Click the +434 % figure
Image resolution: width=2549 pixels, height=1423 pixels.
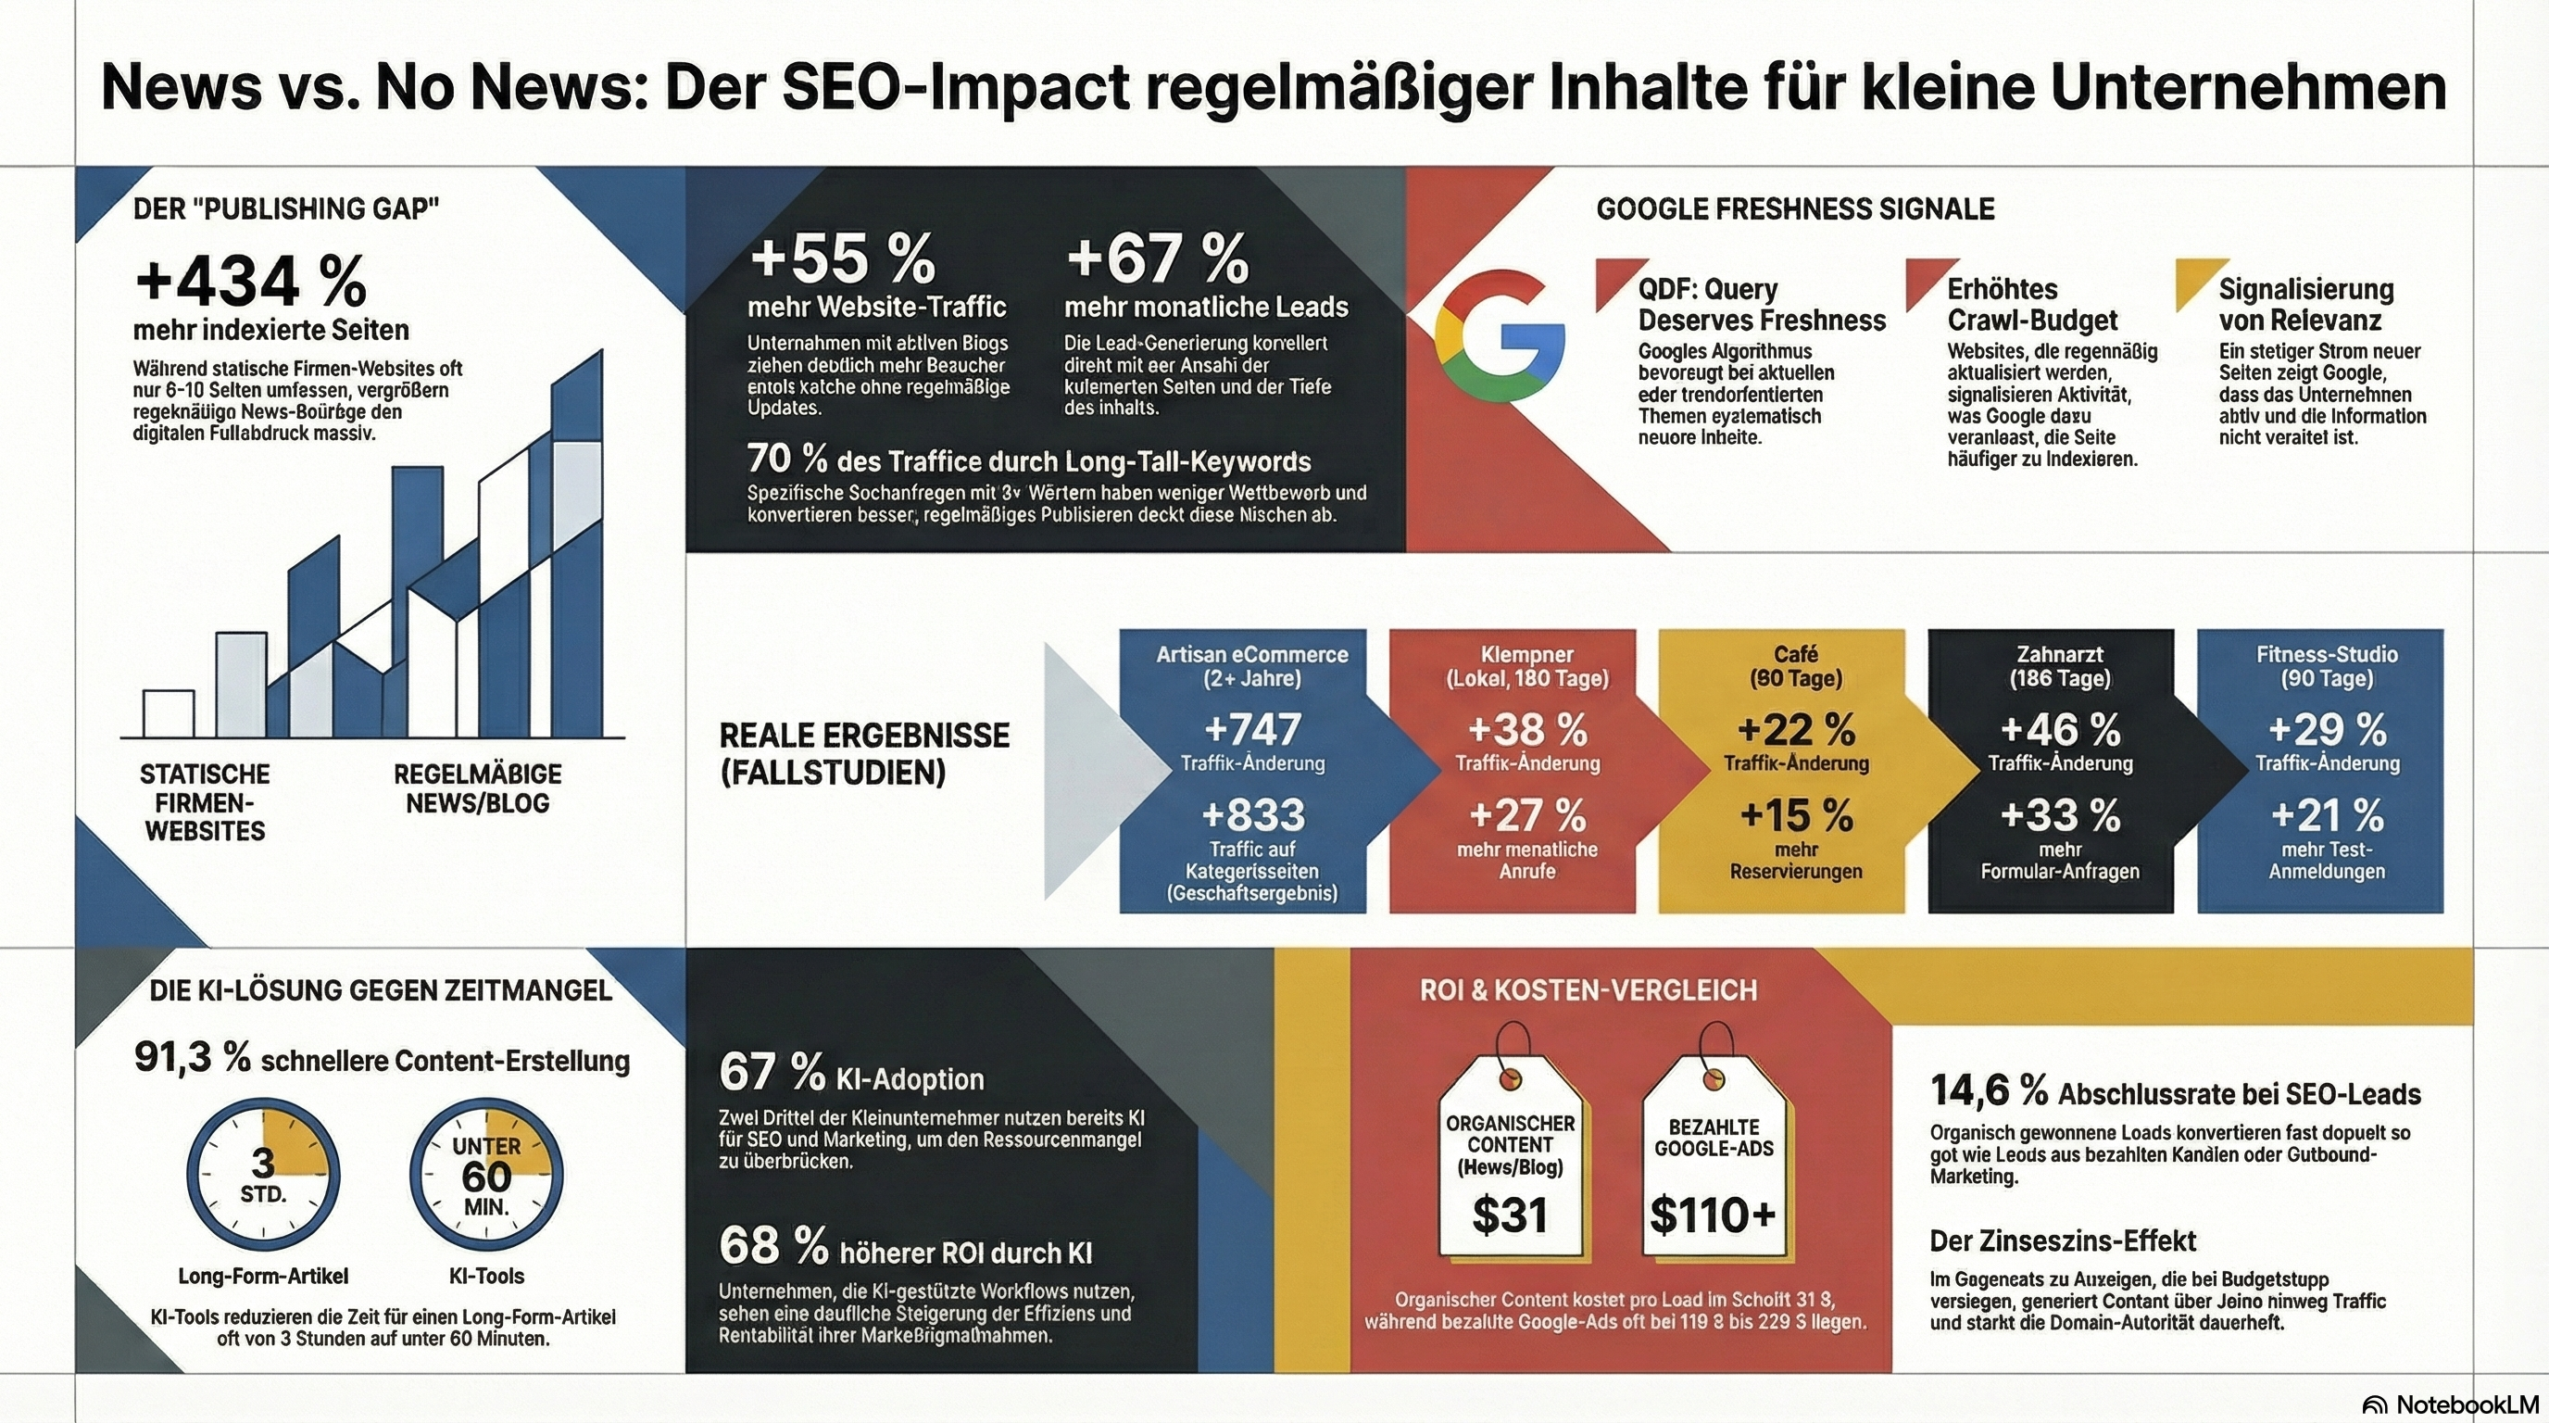[250, 282]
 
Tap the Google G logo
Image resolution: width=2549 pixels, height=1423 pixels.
[1500, 335]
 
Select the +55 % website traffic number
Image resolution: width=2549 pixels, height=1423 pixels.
[842, 258]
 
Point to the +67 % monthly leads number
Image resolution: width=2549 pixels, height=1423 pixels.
[1157, 258]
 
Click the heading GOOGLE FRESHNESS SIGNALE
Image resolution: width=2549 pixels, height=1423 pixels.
[1795, 208]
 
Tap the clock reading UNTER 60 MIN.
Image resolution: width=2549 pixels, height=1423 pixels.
[486, 1175]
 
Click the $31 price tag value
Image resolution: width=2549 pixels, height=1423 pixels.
[1508, 1215]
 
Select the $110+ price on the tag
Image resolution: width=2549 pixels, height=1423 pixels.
[1713, 1215]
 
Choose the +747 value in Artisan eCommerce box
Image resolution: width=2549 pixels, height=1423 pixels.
[1251, 730]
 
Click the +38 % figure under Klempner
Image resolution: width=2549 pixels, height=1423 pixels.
[1526, 730]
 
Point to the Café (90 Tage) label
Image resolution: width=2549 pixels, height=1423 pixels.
[1795, 666]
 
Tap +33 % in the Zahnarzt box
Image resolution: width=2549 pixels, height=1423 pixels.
[2059, 815]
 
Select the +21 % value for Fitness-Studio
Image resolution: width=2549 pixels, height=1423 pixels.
[2327, 815]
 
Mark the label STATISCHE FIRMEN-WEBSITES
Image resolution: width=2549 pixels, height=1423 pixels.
[205, 801]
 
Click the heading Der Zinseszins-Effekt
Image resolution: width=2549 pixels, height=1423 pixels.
[2062, 1240]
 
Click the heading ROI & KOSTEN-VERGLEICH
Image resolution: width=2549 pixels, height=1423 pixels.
[1588, 989]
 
